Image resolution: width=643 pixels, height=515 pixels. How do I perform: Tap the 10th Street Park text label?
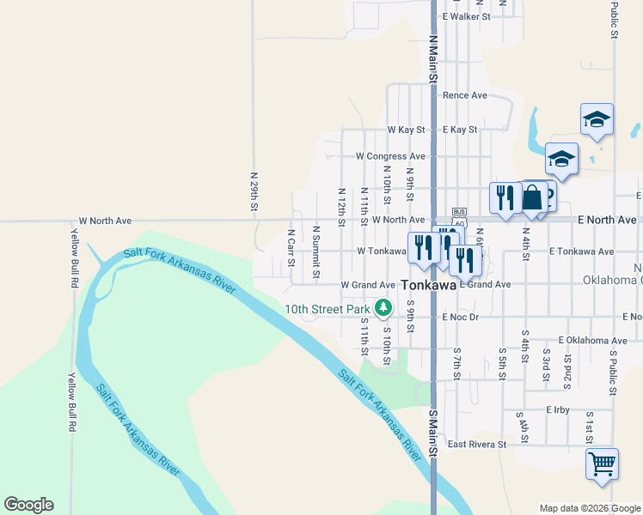coord(328,309)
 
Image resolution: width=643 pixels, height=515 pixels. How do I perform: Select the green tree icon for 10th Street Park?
coord(383,307)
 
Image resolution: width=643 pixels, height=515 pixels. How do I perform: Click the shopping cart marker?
coord(602,464)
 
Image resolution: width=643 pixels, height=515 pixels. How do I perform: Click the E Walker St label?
coord(466,16)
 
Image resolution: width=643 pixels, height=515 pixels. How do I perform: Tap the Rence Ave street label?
coord(465,95)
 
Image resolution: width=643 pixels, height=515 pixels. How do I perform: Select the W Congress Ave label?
coord(391,156)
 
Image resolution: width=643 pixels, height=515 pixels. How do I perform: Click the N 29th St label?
coord(254,191)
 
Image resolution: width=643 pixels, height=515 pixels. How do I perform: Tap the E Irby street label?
coord(558,410)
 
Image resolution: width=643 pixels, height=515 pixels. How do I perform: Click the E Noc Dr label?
coord(460,318)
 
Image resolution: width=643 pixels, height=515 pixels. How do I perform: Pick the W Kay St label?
coord(406,130)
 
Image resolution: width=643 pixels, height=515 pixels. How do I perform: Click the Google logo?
coord(28,505)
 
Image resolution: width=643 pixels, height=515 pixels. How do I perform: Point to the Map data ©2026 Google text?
coord(590,508)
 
